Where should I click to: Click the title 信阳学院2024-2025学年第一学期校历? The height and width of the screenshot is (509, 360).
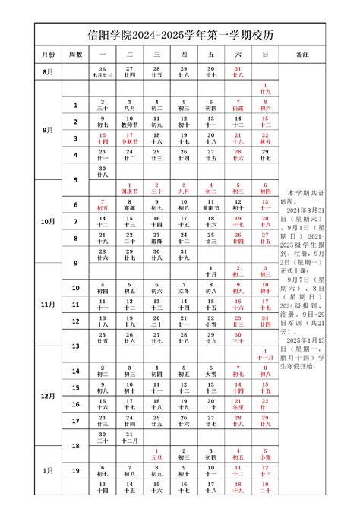pos(180,34)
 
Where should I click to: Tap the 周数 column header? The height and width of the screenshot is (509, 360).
pos(75,55)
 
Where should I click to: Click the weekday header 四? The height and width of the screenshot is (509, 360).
pos(184,55)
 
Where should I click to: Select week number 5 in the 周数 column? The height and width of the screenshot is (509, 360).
pos(75,179)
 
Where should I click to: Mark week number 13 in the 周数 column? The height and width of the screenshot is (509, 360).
pos(75,346)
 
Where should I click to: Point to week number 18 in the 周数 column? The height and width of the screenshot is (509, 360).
pos(75,446)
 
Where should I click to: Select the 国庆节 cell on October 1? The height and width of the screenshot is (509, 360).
pos(129,188)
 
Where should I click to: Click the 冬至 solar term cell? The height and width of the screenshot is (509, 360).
pos(238,405)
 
